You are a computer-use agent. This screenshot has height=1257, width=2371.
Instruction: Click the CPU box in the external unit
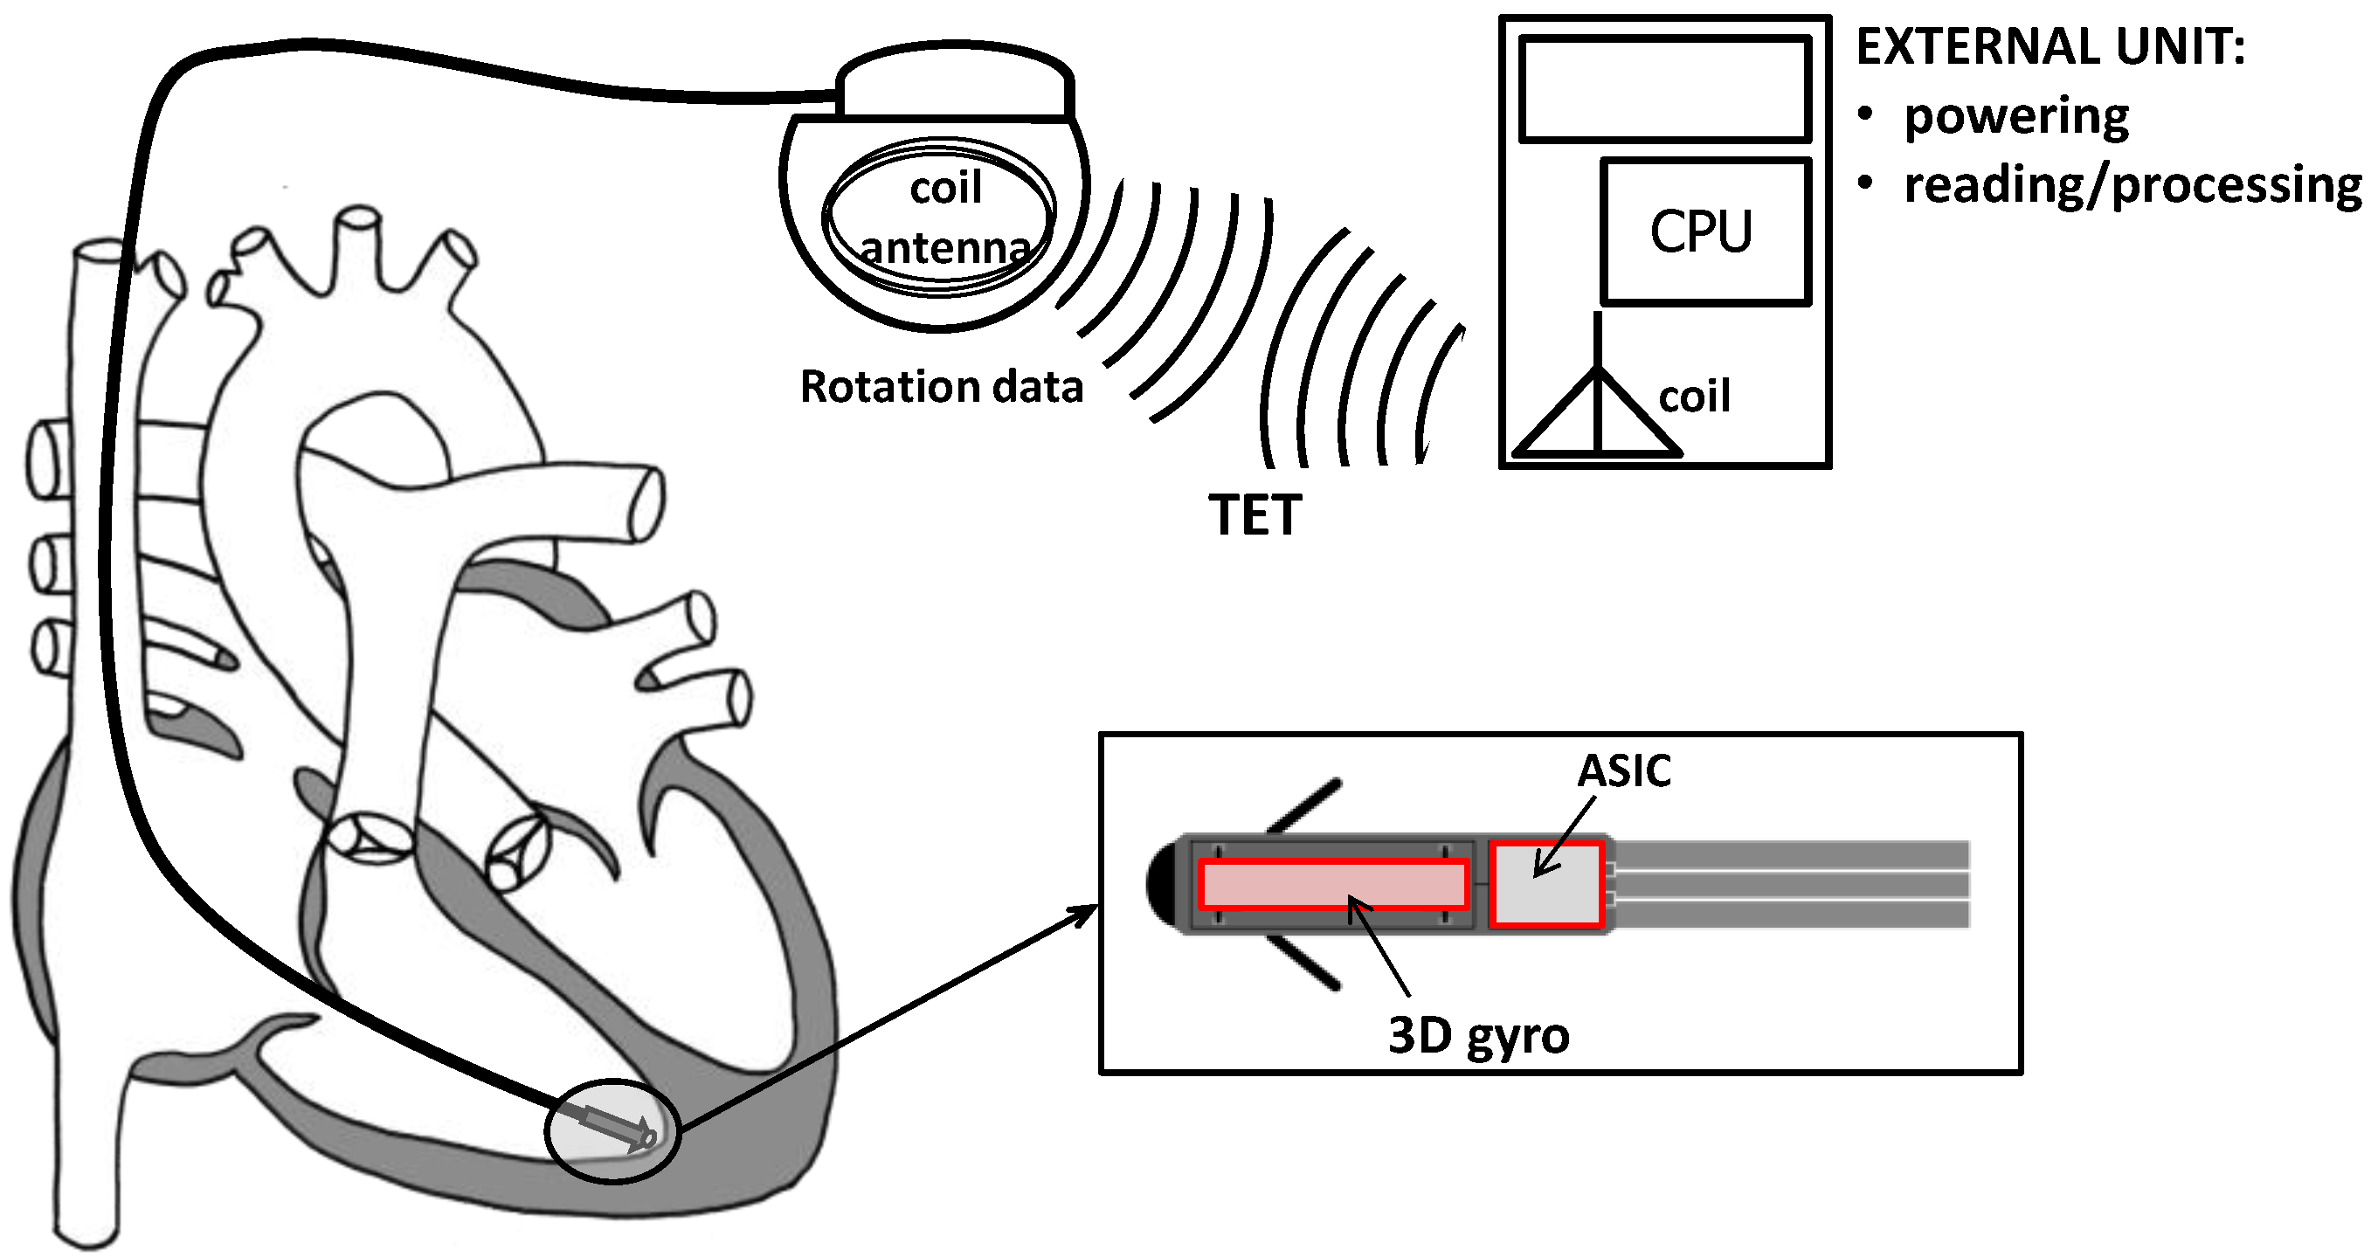point(1705,231)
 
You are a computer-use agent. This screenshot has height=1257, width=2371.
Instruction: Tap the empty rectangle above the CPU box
point(1665,89)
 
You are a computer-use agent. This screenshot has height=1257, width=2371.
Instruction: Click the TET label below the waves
point(1255,515)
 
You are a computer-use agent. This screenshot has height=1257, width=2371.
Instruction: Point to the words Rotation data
point(941,386)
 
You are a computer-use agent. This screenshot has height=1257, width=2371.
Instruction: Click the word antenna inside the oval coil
point(944,247)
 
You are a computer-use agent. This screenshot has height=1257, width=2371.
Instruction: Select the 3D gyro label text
point(1478,1036)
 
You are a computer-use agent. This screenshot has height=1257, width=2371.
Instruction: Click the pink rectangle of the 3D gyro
point(1333,884)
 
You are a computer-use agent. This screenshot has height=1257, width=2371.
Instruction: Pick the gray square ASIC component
point(1546,884)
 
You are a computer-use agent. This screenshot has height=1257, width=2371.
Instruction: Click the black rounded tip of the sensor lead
point(1161,884)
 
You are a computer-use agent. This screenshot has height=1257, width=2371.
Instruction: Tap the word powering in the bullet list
point(2015,117)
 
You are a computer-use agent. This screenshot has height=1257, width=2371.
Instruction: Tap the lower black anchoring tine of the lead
point(1303,963)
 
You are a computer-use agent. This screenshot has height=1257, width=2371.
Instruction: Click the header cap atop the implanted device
point(955,81)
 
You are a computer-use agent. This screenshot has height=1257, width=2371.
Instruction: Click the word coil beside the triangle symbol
point(1694,397)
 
